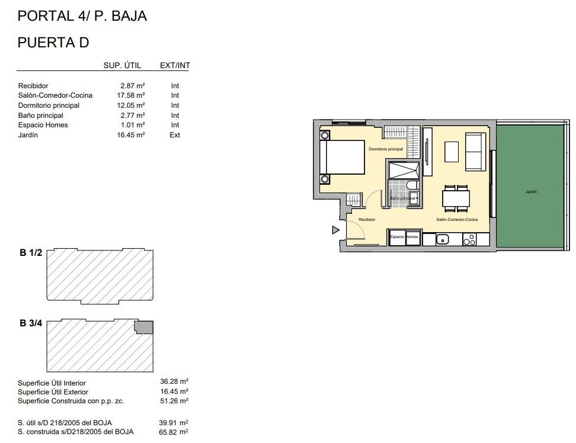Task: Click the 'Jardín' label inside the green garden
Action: pos(530,192)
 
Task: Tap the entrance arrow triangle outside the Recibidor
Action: pos(335,230)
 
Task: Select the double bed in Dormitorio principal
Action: pos(343,158)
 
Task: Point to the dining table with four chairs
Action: pos(456,198)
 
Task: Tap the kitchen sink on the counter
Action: pos(442,239)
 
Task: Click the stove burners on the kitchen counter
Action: pos(469,239)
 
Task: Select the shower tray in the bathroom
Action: pos(403,169)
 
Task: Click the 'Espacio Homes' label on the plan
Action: pos(404,237)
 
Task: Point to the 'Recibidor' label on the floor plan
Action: pos(367,220)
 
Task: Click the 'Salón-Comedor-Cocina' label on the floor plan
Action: pos(456,220)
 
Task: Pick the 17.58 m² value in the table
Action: pos(132,95)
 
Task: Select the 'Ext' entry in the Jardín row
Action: pos(175,135)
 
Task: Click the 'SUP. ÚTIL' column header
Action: pos(123,66)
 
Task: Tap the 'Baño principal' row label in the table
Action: pos(40,115)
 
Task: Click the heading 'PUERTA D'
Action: pos(53,43)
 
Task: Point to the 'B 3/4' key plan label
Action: pos(31,323)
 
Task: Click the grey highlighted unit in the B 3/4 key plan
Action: pos(144,327)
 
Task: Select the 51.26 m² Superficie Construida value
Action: pos(175,401)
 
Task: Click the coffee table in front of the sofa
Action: pos(452,152)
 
